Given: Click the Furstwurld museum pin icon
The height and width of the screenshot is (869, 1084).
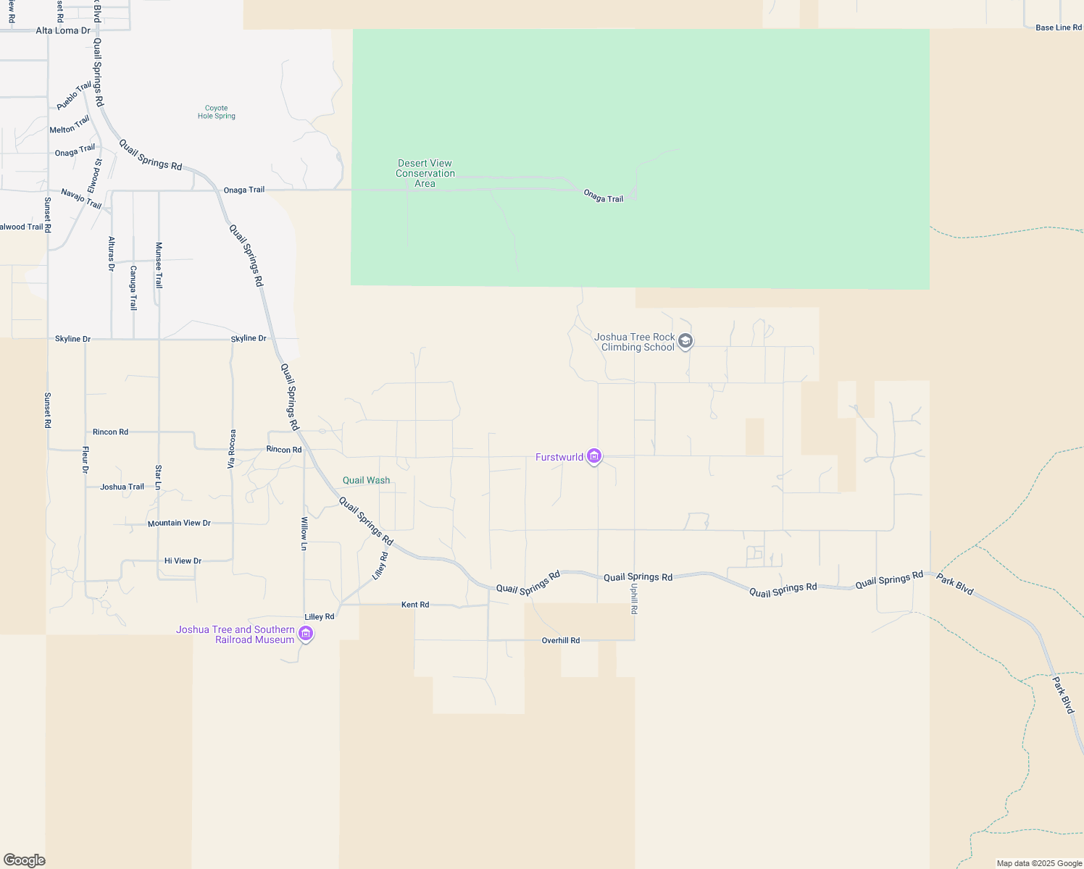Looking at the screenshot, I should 594,456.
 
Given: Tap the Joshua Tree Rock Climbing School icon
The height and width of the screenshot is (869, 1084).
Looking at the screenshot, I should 685,341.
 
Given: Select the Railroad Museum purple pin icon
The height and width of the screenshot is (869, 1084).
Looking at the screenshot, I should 306,634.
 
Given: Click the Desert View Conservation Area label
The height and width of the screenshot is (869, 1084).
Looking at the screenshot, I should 425,174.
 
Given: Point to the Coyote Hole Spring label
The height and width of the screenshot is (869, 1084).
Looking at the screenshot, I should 217,112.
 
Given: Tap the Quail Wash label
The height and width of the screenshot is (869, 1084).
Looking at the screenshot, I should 366,480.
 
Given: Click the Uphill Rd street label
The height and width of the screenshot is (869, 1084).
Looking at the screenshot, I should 634,600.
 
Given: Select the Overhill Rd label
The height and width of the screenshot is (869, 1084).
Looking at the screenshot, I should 561,641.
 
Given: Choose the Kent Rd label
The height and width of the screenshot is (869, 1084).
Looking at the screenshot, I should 415,605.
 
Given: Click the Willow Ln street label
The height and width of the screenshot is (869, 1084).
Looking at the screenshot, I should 304,534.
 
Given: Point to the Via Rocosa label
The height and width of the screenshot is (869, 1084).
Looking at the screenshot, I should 232,449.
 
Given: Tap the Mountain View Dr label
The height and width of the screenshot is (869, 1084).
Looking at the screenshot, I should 179,523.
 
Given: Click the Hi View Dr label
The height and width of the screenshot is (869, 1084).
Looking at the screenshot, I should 183,561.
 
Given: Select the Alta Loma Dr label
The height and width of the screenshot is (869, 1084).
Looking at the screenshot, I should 63,30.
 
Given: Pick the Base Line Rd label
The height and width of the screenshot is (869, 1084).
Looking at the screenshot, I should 1058,28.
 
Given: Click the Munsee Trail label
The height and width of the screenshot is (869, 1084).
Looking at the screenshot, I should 159,265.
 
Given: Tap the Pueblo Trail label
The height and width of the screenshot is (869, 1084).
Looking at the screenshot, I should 74,96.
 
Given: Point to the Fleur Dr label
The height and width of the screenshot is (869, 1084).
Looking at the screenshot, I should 86,461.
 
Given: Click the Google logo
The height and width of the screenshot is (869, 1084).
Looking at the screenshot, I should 25,860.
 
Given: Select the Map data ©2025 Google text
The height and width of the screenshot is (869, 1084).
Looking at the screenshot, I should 1039,863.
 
